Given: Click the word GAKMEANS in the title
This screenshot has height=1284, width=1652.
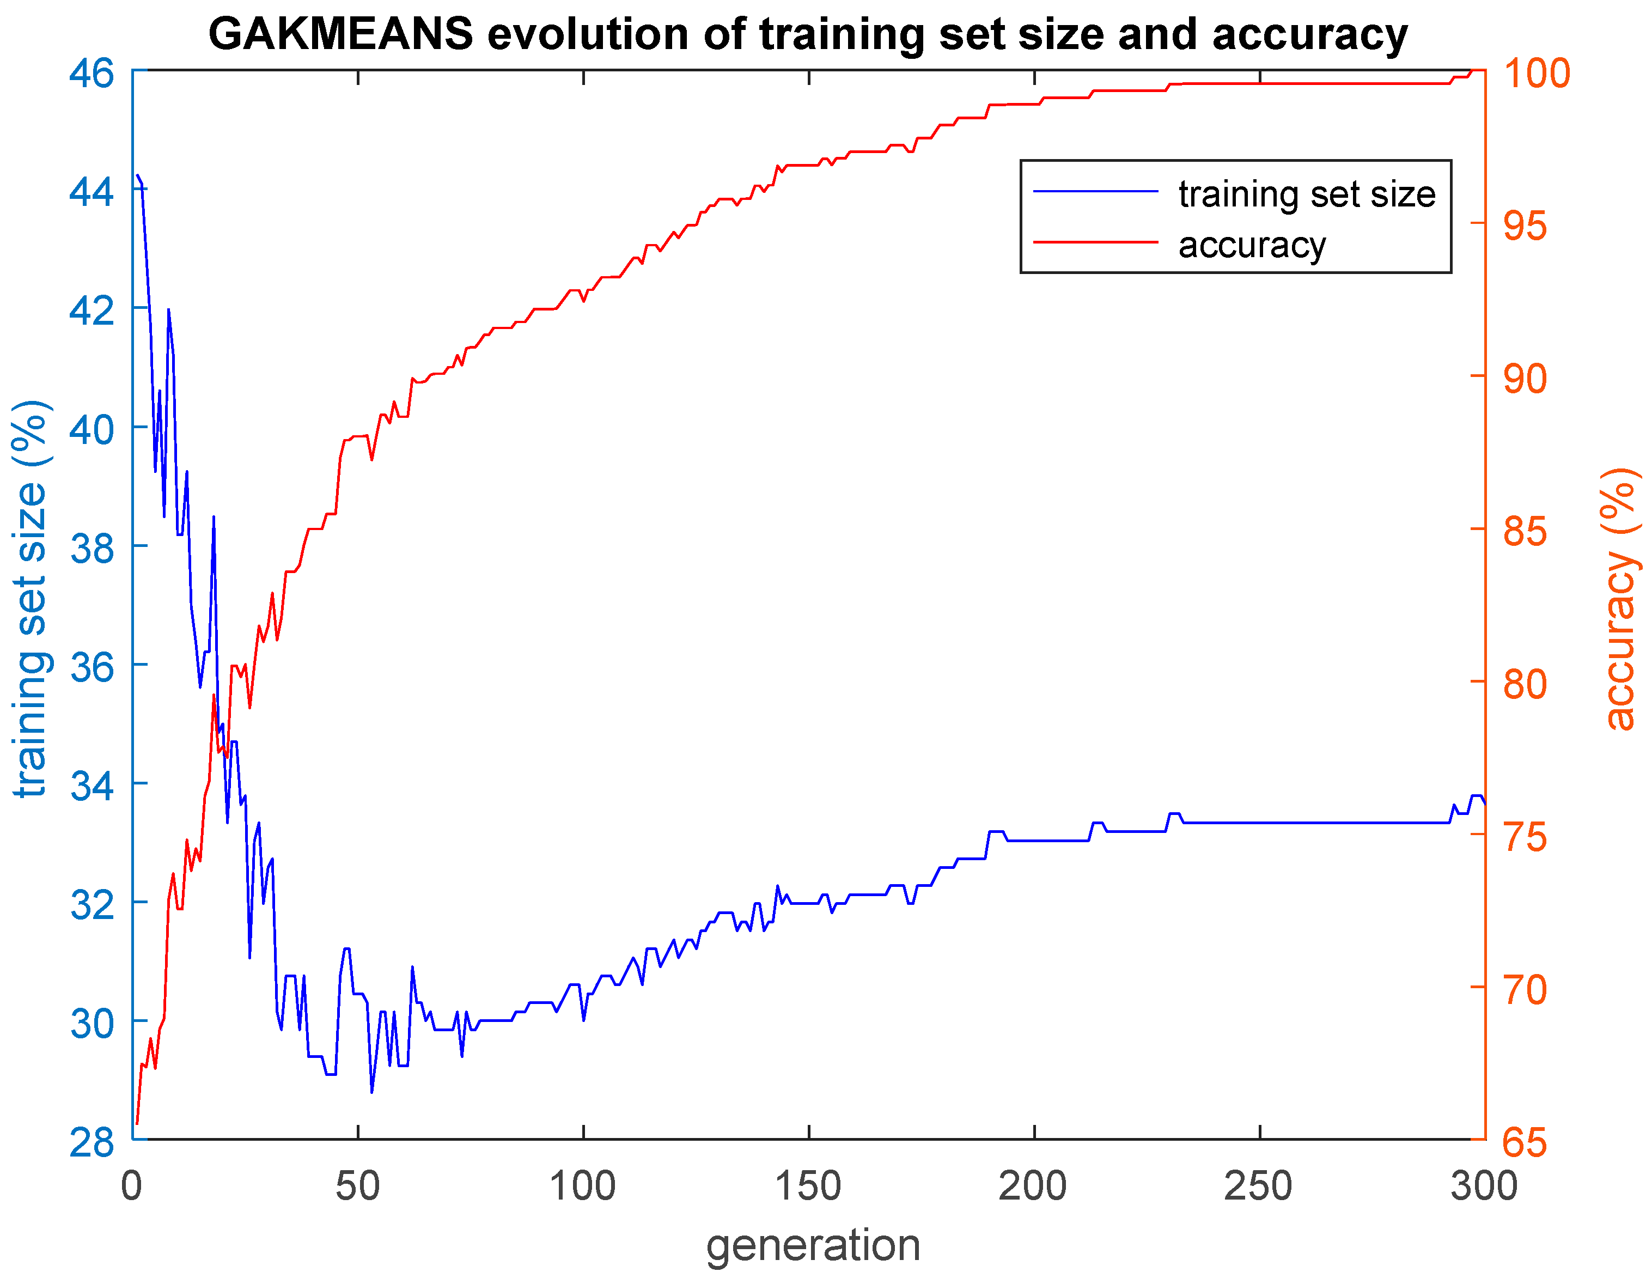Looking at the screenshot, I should pyautogui.click(x=340, y=35).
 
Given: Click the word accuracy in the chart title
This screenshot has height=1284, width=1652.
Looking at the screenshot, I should pyautogui.click(x=1309, y=35).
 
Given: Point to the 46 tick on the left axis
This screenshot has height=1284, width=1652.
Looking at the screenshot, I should pyautogui.click(x=92, y=74).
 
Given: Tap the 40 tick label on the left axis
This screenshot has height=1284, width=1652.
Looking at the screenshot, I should pyautogui.click(x=92, y=429).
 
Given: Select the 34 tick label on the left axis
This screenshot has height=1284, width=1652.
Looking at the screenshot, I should pyautogui.click(x=92, y=786).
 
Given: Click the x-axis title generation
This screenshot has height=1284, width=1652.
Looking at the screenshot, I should pyautogui.click(x=813, y=1245).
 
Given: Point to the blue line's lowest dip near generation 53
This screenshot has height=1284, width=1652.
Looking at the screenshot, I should pyautogui.click(x=371, y=1092).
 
